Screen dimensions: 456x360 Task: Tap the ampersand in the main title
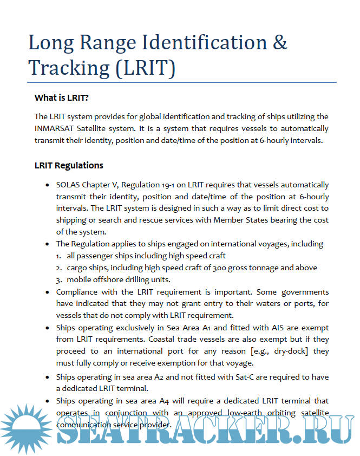[x=280, y=42]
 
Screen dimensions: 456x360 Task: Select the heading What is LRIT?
[x=61, y=98]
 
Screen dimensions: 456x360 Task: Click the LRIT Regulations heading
[x=69, y=165]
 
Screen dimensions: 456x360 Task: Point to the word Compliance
[x=76, y=292]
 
